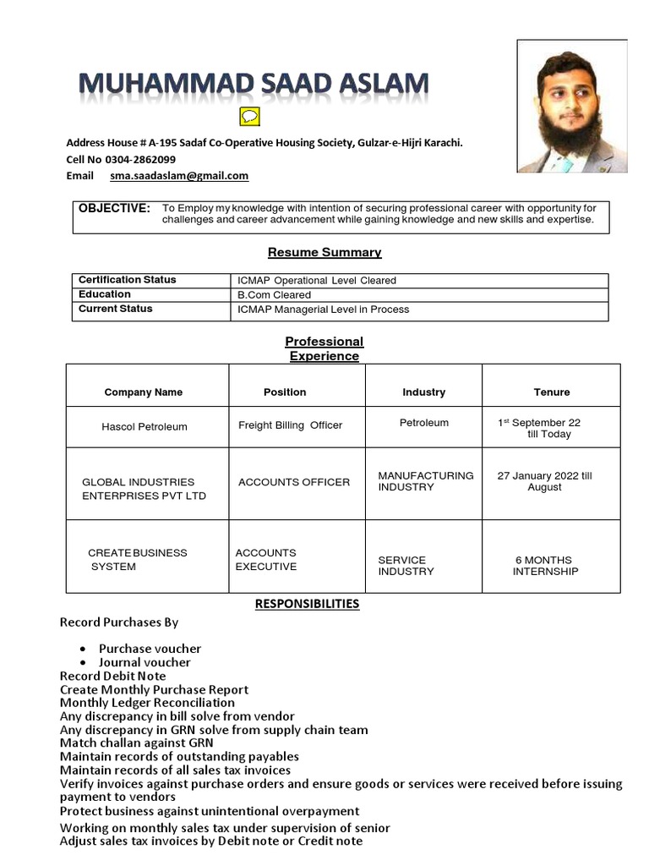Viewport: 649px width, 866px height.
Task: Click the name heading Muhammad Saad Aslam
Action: click(253, 85)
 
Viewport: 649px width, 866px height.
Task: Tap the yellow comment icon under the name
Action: click(250, 117)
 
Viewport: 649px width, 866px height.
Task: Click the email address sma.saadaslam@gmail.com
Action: click(179, 176)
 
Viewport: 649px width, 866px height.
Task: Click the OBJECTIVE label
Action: click(114, 208)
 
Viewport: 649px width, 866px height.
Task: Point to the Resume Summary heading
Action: click(324, 252)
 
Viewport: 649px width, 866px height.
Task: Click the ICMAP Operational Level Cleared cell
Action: click(317, 281)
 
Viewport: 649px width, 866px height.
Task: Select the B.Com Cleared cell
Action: click(275, 295)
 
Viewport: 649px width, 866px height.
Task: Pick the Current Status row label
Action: click(116, 309)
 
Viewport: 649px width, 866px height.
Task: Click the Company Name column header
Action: click(144, 392)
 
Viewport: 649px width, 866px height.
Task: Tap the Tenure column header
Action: click(552, 392)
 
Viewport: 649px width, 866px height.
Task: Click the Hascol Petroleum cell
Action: click(145, 427)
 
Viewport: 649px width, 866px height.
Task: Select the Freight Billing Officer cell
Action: click(290, 425)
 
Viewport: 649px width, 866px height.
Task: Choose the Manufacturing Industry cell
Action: click(425, 481)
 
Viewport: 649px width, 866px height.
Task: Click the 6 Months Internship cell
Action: click(545, 566)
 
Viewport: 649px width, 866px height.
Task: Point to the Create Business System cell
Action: click(137, 560)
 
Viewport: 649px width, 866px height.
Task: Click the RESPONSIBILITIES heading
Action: click(307, 604)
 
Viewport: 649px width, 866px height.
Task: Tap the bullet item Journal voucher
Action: click(145, 662)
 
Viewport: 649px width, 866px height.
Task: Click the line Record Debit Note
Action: click(113, 676)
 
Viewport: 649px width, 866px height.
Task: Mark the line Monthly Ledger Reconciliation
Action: click(147, 703)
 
